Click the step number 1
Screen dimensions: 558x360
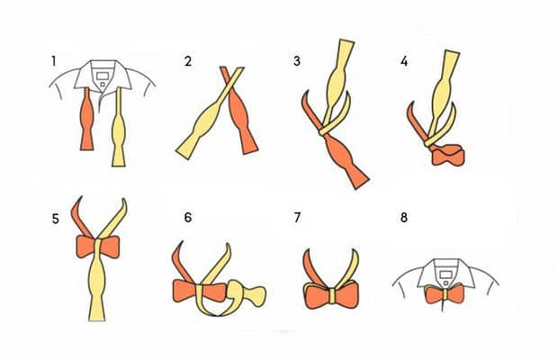coord(54,61)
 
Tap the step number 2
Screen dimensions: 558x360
coord(188,61)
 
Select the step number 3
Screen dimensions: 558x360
coord(297,61)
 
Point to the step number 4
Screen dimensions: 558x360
coord(404,61)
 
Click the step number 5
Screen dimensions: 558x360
coord(55,219)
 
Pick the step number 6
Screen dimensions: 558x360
coord(188,217)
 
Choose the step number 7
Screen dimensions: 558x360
coord(298,217)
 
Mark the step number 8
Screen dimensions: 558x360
coord(404,217)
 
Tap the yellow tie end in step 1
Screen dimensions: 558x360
coord(119,128)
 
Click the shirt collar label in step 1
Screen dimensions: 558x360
coord(102,76)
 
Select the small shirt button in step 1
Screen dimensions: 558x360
coord(103,85)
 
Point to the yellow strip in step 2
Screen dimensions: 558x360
coord(210,113)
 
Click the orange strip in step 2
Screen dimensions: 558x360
coord(239,111)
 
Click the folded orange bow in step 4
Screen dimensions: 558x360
coord(448,155)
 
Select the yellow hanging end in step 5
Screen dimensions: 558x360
coord(97,284)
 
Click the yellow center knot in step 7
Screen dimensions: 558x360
coord(333,296)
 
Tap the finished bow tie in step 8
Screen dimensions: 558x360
coord(445,293)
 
